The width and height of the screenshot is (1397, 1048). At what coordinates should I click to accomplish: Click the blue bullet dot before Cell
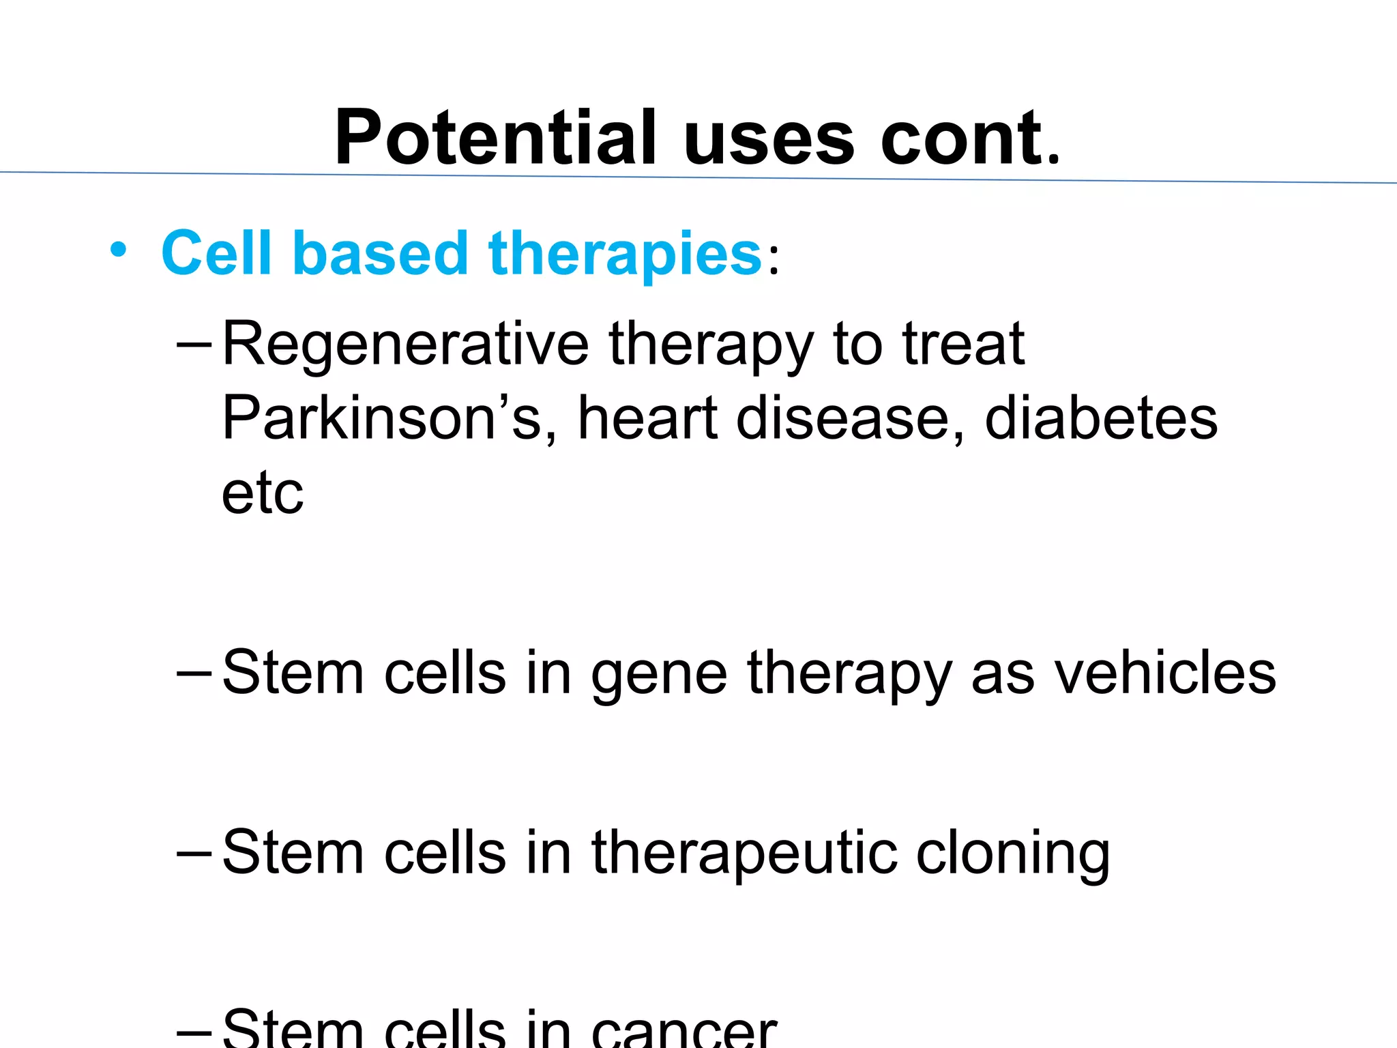(118, 250)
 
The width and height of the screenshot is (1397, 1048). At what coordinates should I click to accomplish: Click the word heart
(647, 418)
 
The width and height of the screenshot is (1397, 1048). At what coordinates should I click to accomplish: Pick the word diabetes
(1101, 418)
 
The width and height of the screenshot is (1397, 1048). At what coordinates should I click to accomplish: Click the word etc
(262, 493)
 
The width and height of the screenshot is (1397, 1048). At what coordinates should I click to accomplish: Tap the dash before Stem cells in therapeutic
(194, 854)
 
